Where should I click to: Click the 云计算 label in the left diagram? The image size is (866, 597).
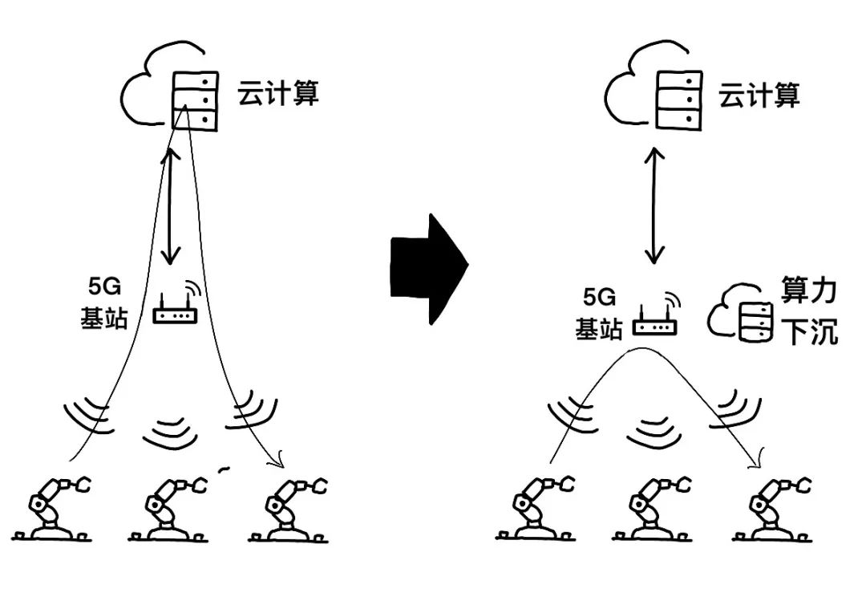(x=277, y=93)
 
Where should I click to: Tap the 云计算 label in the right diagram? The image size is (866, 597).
(x=759, y=95)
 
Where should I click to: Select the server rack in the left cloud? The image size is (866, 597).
(x=194, y=100)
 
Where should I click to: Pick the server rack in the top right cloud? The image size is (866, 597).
(x=679, y=100)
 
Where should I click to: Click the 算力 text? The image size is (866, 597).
(x=808, y=290)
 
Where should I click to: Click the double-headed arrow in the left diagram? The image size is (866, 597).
(x=171, y=205)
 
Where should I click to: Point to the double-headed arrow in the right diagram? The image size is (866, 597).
(x=655, y=205)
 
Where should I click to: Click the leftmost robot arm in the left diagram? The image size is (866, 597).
(x=52, y=507)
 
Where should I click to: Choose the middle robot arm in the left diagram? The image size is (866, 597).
(x=168, y=508)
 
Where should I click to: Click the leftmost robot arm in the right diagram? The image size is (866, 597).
(x=535, y=507)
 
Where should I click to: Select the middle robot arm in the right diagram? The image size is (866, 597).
(x=652, y=507)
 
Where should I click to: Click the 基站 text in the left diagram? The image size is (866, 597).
(x=103, y=319)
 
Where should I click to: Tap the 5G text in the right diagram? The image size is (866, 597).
(x=599, y=298)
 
